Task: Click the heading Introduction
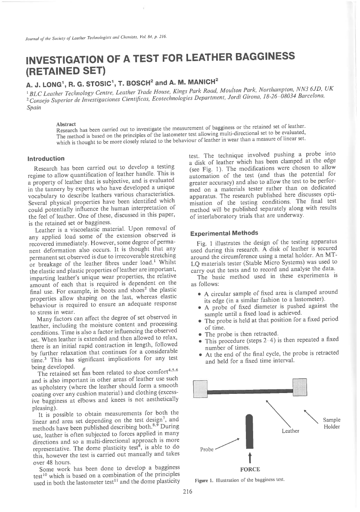[x=46, y=159]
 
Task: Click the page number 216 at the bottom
[x=188, y=491]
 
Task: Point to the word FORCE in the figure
[x=250, y=469]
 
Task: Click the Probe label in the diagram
[x=207, y=449]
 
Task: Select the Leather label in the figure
[x=290, y=431]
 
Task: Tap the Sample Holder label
[x=331, y=424]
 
